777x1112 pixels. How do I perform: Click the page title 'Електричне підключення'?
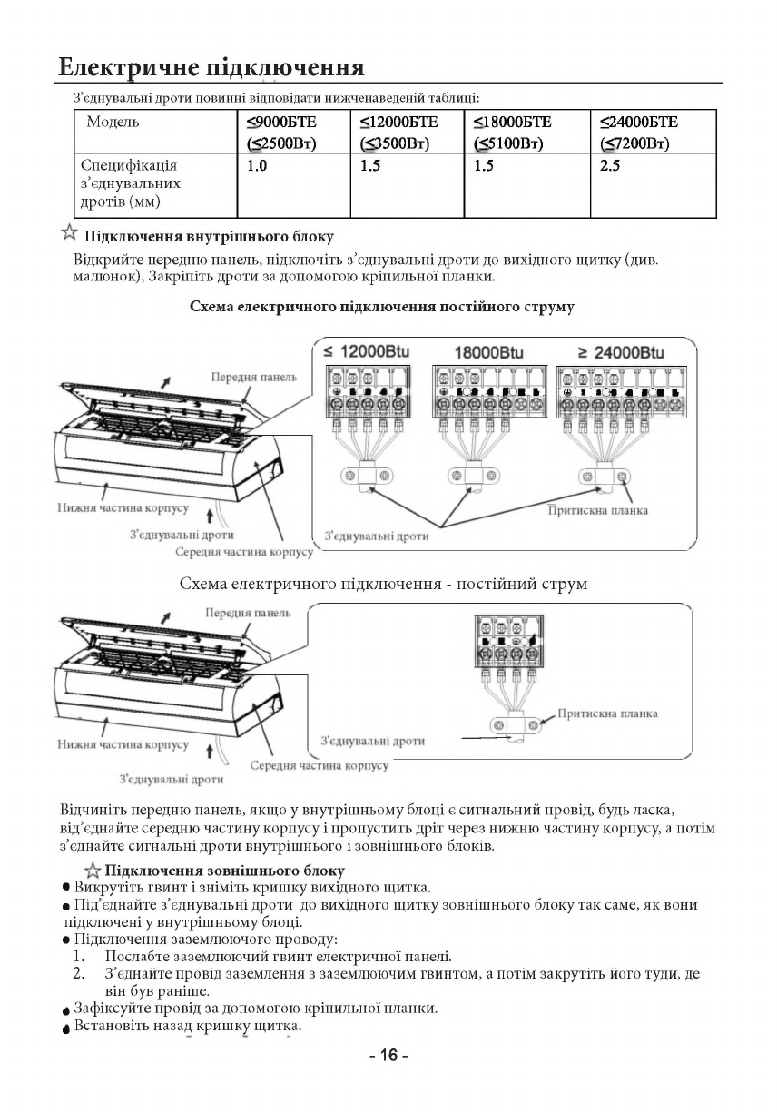coord(211,68)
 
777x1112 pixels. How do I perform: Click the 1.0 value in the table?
coord(257,166)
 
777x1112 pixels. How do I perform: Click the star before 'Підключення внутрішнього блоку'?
coord(68,234)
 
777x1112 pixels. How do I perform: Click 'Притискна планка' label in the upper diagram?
coord(598,510)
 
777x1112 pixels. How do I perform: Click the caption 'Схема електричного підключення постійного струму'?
coord(381,307)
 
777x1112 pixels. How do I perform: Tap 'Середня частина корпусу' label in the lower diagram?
coord(320,765)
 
